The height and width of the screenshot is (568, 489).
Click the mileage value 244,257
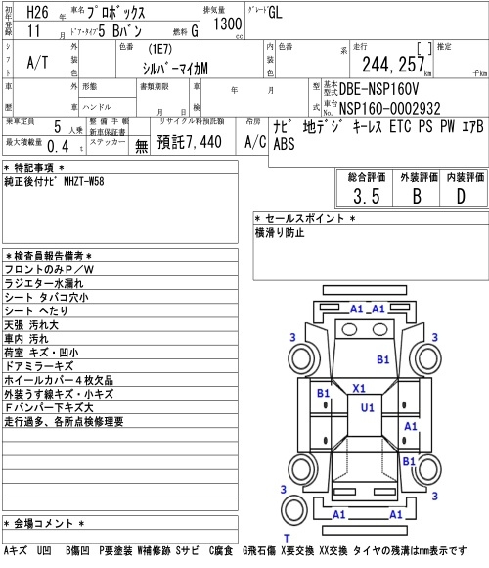393,65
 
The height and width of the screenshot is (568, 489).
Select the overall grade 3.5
367,196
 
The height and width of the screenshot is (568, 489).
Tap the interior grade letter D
461,196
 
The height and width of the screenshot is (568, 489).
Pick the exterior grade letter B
417,196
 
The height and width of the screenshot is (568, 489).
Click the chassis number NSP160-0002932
390,109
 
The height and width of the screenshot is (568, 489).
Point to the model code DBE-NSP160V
378,89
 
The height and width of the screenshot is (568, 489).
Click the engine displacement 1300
227,24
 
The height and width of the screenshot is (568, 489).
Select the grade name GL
275,12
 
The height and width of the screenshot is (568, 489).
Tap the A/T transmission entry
37,63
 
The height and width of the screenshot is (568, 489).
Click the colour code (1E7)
159,49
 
